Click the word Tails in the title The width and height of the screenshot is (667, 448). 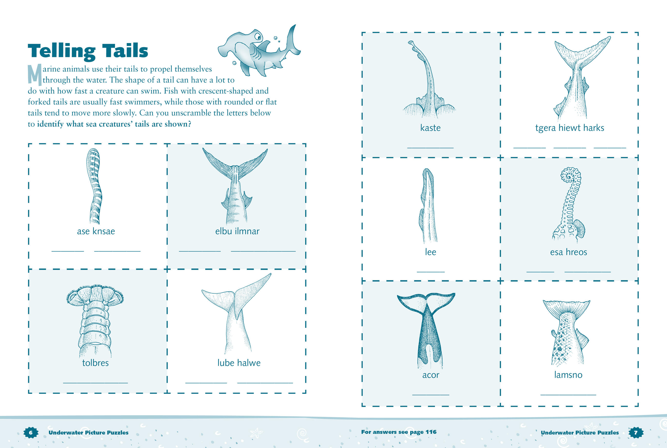click(x=125, y=51)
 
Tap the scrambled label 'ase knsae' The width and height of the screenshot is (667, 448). click(x=96, y=231)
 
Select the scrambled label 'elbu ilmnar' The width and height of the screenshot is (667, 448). click(x=237, y=231)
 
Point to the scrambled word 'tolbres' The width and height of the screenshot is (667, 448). click(x=95, y=363)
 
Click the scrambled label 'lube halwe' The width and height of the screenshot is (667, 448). click(x=239, y=363)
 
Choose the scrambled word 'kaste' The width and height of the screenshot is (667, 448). click(x=430, y=128)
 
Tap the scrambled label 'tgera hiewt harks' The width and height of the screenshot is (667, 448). click(x=570, y=128)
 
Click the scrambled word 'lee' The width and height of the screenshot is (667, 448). click(x=430, y=252)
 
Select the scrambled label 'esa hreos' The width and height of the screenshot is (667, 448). click(x=568, y=252)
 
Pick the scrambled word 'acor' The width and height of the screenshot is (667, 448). click(x=431, y=375)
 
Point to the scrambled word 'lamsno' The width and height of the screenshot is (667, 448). click(x=568, y=375)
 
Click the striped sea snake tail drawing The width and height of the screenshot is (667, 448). click(x=94, y=186)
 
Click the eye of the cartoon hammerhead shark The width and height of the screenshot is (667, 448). click(x=258, y=37)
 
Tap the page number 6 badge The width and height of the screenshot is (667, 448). click(x=31, y=433)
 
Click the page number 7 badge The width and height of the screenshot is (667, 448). click(x=635, y=432)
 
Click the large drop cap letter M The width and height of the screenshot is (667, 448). click(x=35, y=74)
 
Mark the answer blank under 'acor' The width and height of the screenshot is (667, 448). click(x=431, y=395)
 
